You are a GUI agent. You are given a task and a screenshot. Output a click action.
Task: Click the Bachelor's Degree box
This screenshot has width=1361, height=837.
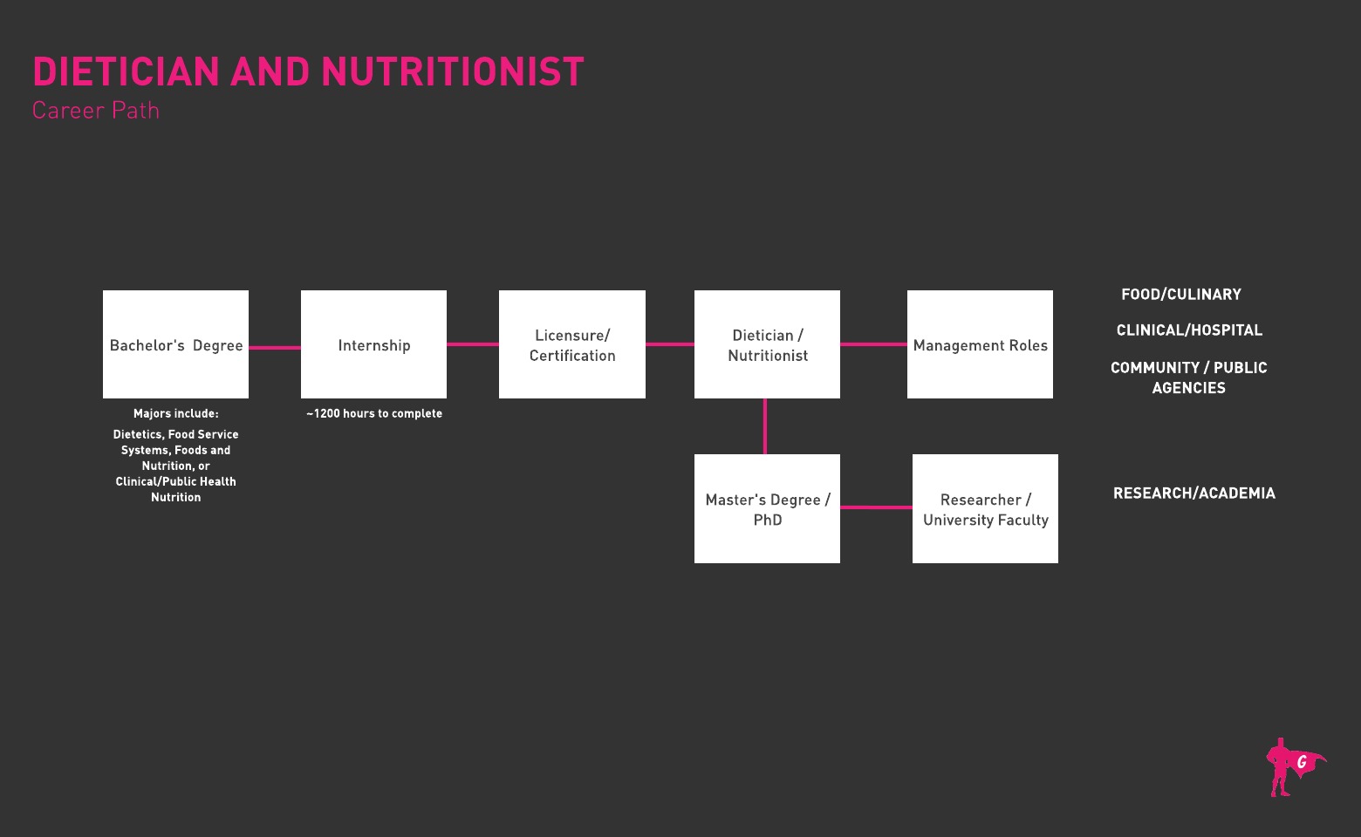175,344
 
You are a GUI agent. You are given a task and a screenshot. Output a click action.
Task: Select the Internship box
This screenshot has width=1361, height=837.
373,344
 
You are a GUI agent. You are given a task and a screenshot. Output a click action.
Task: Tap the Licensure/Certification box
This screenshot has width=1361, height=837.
571,344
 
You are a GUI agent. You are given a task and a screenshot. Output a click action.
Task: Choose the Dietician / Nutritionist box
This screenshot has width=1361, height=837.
768,344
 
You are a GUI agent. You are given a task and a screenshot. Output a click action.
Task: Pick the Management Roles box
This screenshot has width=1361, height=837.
980,344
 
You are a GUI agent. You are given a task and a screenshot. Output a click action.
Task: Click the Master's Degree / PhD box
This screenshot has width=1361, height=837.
768,508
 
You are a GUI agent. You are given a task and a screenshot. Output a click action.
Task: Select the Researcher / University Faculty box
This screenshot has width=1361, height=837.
985,508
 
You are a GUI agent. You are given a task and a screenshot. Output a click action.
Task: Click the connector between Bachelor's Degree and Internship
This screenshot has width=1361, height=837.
275,347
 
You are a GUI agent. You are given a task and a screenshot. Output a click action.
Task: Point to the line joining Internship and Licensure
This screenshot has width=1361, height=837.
473,344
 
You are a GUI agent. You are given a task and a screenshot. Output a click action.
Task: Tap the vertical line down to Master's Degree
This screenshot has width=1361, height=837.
765,426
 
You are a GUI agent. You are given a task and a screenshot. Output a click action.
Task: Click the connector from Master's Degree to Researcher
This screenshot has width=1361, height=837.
876,507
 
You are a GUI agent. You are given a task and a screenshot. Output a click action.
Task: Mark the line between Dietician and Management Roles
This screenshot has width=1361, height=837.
873,344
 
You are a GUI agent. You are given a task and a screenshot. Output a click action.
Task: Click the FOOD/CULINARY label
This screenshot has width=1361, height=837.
1181,295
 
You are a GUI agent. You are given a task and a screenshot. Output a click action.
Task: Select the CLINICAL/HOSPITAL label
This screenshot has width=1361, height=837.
1189,330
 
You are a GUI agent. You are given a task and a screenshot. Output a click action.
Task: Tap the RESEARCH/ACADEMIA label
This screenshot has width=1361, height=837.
1193,493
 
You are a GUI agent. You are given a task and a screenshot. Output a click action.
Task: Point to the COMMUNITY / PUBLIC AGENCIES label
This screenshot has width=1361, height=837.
1189,378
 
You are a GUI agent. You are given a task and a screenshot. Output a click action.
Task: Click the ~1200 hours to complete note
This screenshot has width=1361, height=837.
374,413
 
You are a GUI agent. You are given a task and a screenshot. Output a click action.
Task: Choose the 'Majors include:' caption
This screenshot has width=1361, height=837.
175,413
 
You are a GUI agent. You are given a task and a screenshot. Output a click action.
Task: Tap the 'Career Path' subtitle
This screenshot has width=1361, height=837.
95,111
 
